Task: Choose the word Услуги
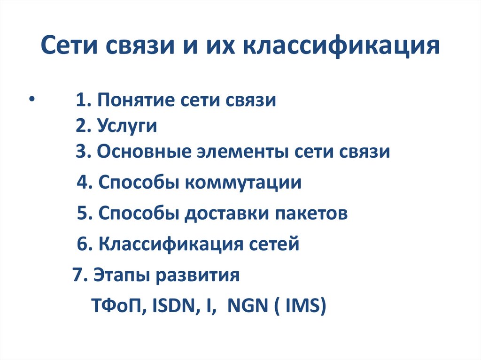pyautogui.click(x=127, y=127)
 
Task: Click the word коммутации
pyautogui.click(x=243, y=183)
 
